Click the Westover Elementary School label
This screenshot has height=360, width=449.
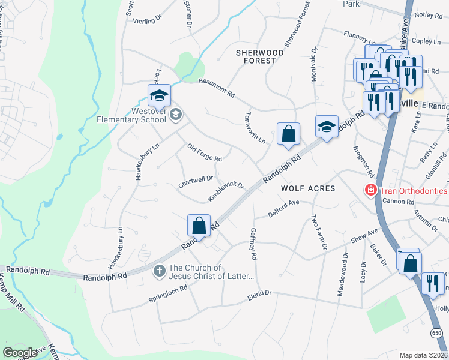pos(131,115)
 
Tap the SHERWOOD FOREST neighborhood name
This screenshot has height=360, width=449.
pos(259,56)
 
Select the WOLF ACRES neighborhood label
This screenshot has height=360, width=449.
pos(309,188)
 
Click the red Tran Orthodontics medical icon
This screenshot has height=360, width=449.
pos(371,191)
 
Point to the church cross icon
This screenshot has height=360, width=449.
pos(160,271)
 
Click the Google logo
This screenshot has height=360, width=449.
pos(20,352)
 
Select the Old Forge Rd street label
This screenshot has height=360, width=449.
pos(205,153)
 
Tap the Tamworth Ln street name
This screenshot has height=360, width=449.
pos(255,128)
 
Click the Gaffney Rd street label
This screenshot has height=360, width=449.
pos(253,244)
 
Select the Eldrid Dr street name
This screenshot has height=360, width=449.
pos(259,294)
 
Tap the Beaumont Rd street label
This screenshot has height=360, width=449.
pos(216,88)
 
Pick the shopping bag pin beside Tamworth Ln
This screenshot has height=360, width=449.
pos(288,134)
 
